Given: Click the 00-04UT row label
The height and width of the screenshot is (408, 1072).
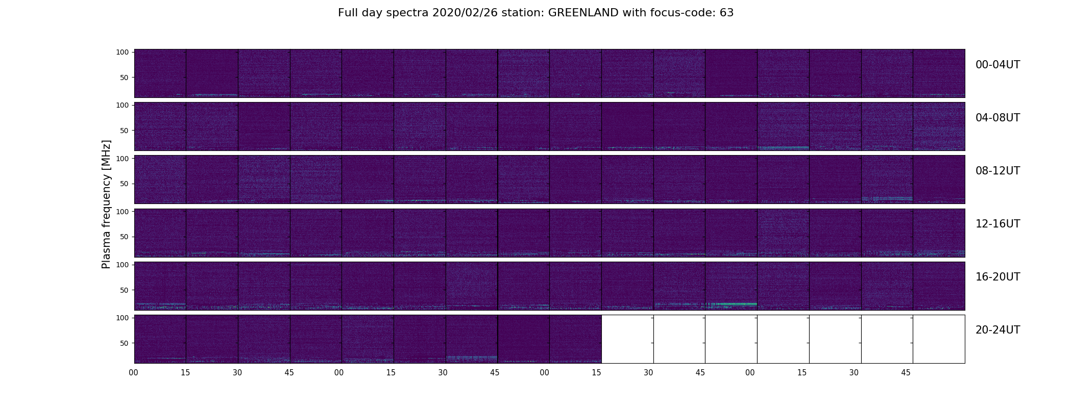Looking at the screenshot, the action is click(x=997, y=65).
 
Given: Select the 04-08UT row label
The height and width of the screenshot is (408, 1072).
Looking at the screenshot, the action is click(x=997, y=118).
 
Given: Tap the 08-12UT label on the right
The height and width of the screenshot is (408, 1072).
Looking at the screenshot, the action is click(x=997, y=171).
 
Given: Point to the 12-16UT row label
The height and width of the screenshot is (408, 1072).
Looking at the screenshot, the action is click(x=997, y=224).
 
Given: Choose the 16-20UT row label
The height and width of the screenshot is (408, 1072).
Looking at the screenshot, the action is click(x=997, y=277).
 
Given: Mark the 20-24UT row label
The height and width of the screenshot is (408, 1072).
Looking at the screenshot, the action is click(x=997, y=330).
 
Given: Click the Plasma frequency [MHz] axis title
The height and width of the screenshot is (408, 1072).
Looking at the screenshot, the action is click(x=106, y=204).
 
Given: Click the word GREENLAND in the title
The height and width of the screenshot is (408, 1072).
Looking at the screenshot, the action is click(x=583, y=13).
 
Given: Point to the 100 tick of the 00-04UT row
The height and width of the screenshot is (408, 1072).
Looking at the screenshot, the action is click(x=123, y=52).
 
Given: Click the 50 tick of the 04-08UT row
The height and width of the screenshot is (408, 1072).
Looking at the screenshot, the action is click(x=125, y=131).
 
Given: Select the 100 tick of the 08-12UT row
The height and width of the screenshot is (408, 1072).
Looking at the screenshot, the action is click(x=123, y=158).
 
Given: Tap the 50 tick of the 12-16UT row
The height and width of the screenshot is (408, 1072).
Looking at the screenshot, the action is click(x=125, y=237).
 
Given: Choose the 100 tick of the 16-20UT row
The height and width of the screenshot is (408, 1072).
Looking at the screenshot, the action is click(x=123, y=264).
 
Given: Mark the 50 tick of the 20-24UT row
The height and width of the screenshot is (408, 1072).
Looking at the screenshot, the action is click(x=125, y=343).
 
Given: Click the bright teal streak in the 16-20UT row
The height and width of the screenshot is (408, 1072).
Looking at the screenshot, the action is click(x=731, y=304).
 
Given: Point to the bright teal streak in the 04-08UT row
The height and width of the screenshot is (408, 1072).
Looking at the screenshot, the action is click(x=783, y=147).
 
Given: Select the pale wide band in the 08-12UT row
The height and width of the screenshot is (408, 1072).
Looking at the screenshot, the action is click(x=887, y=198).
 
